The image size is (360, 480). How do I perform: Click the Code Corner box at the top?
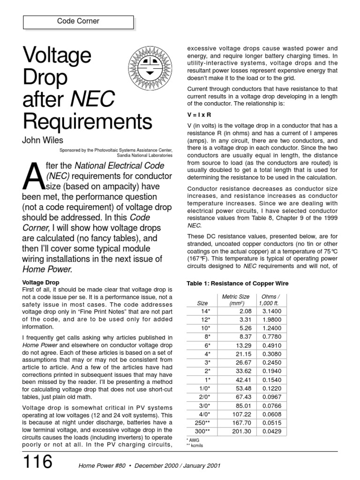(78, 22)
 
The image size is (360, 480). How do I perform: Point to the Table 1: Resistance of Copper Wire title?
(238, 284)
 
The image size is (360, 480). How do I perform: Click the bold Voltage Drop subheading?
(40, 283)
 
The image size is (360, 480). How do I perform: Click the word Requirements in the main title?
(88, 122)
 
